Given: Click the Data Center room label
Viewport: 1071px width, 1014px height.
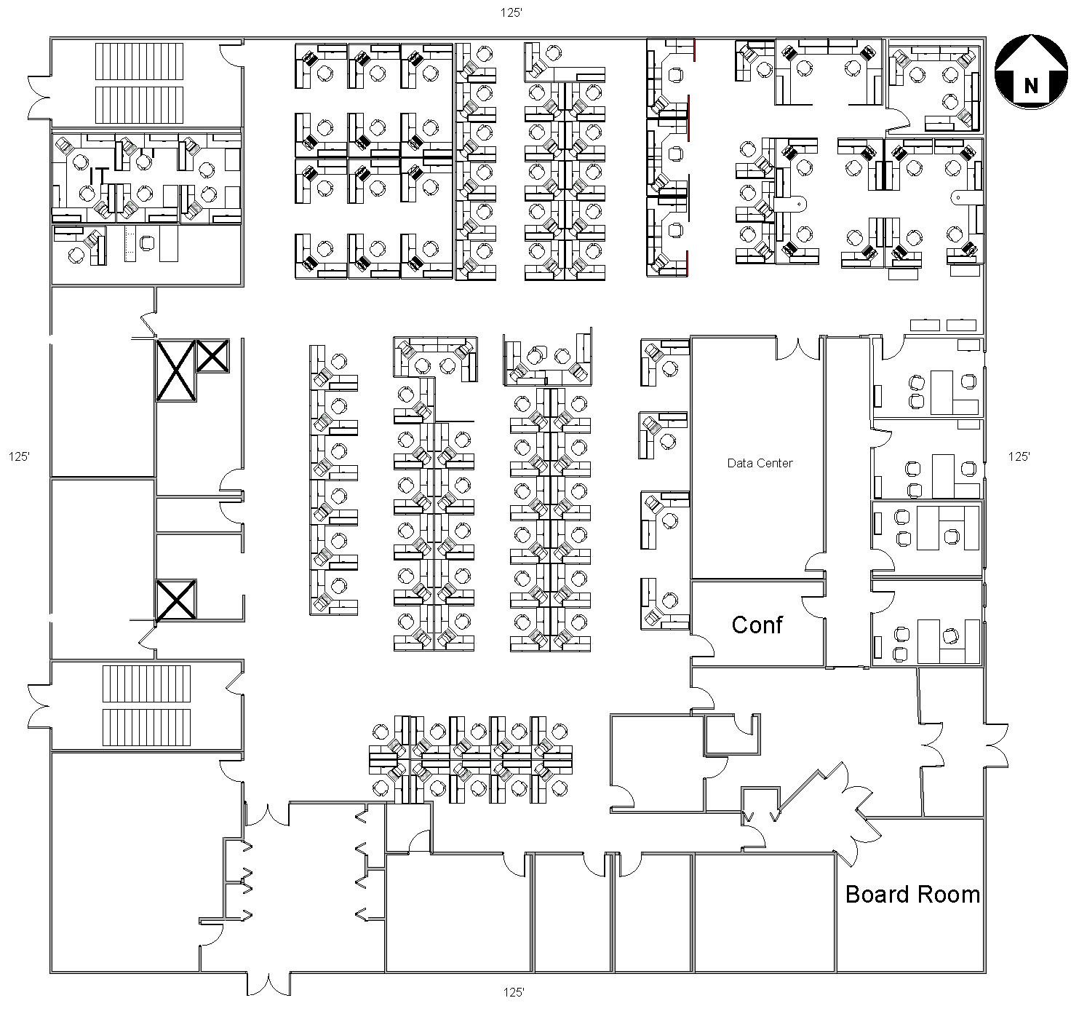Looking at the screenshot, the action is pos(760,463).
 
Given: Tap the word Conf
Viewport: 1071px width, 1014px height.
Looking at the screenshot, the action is pos(757,625).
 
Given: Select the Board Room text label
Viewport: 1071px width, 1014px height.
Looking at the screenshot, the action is pos(912,895).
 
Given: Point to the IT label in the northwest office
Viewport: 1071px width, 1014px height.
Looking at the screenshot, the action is pos(99,175).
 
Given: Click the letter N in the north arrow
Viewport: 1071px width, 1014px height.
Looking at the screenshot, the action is pos(1030,86).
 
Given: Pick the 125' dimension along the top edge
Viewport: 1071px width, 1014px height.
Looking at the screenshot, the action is pos(511,12).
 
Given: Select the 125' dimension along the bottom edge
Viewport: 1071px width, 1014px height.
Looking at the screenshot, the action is pos(514,992).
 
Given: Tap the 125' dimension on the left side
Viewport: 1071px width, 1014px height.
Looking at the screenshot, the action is pos(19,456).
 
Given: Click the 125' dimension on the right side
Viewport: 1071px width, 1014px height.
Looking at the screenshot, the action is pos(1019,456).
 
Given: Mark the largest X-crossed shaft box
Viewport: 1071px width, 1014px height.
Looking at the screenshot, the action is pos(176,371).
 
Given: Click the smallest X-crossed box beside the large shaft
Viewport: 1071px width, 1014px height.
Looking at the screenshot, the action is pos(212,356).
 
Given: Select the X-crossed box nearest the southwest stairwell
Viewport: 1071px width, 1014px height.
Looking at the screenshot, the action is pos(176,600).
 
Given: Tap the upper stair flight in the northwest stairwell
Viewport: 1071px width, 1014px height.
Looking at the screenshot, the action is pos(140,62).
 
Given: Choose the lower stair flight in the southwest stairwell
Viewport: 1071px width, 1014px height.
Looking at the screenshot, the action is pos(146,727).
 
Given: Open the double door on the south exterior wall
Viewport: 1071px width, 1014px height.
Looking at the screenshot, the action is pos(268,983).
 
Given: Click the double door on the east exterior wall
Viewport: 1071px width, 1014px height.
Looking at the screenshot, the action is pos(996,745).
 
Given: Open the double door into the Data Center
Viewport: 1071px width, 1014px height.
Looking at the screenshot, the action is pos(798,349).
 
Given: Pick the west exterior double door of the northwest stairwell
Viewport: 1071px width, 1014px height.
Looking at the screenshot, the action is pos(39,98).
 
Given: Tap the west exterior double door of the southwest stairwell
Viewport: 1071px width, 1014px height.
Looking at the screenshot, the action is pos(39,707).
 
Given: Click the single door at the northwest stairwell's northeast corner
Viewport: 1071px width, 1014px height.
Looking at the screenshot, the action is pos(231,55).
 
